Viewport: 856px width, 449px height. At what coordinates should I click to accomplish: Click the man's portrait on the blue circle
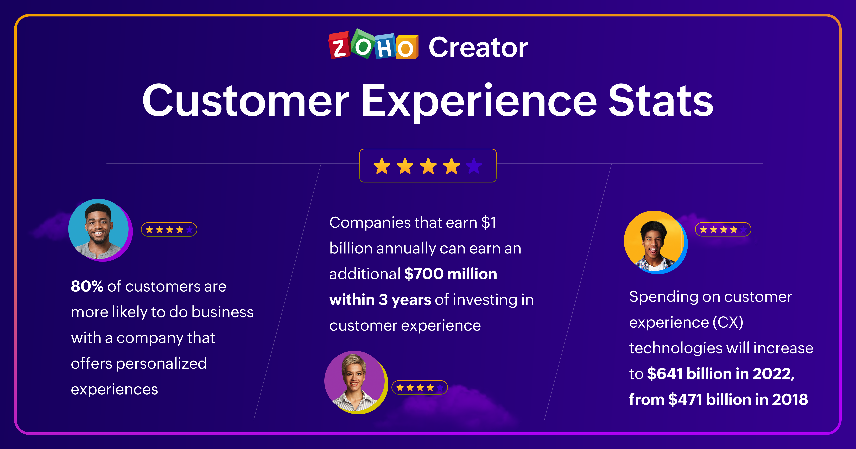pyautogui.click(x=99, y=230)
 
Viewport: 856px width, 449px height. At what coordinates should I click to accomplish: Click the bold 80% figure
pyautogui.click(x=87, y=286)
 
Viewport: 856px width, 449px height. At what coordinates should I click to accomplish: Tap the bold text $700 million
pyautogui.click(x=451, y=274)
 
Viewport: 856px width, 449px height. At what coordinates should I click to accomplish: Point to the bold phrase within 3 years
pyautogui.click(x=380, y=300)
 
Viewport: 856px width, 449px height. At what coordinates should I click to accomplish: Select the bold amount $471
pyautogui.click(x=685, y=399)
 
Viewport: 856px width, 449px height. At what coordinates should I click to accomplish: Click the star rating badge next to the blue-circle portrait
pyautogui.click(x=169, y=230)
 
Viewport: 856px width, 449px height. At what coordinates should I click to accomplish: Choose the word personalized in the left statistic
pyautogui.click(x=161, y=363)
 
